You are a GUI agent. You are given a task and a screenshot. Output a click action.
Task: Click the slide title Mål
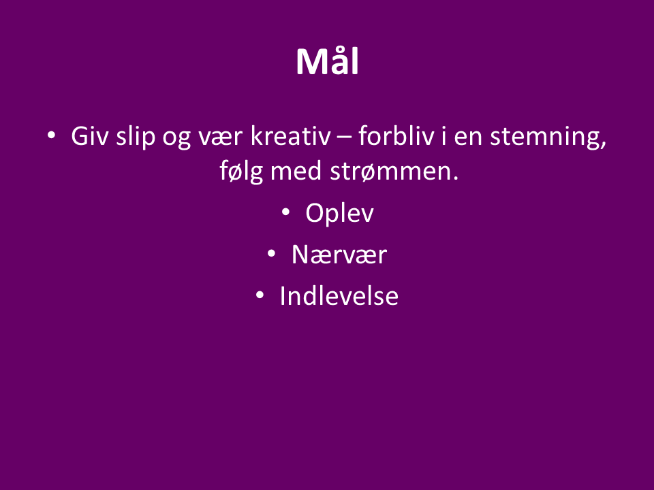pos(328,61)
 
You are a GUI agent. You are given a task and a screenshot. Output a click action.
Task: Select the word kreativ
pos(290,136)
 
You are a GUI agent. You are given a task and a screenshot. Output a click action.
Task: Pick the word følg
pos(241,171)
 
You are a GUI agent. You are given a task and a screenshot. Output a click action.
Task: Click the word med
pos(296,171)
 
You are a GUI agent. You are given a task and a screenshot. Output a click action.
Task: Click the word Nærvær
pos(339,255)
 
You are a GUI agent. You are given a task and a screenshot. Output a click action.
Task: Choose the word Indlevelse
pos(339,296)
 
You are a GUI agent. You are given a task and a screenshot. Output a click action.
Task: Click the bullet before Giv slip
pos(51,135)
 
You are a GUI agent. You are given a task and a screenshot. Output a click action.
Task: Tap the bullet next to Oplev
pos(285,212)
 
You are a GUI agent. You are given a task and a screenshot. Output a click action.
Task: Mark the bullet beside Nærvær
pos(272,253)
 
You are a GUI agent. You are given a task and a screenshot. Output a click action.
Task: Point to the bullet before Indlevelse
pos(260,295)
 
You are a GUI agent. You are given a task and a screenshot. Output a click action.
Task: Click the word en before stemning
pos(468,138)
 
